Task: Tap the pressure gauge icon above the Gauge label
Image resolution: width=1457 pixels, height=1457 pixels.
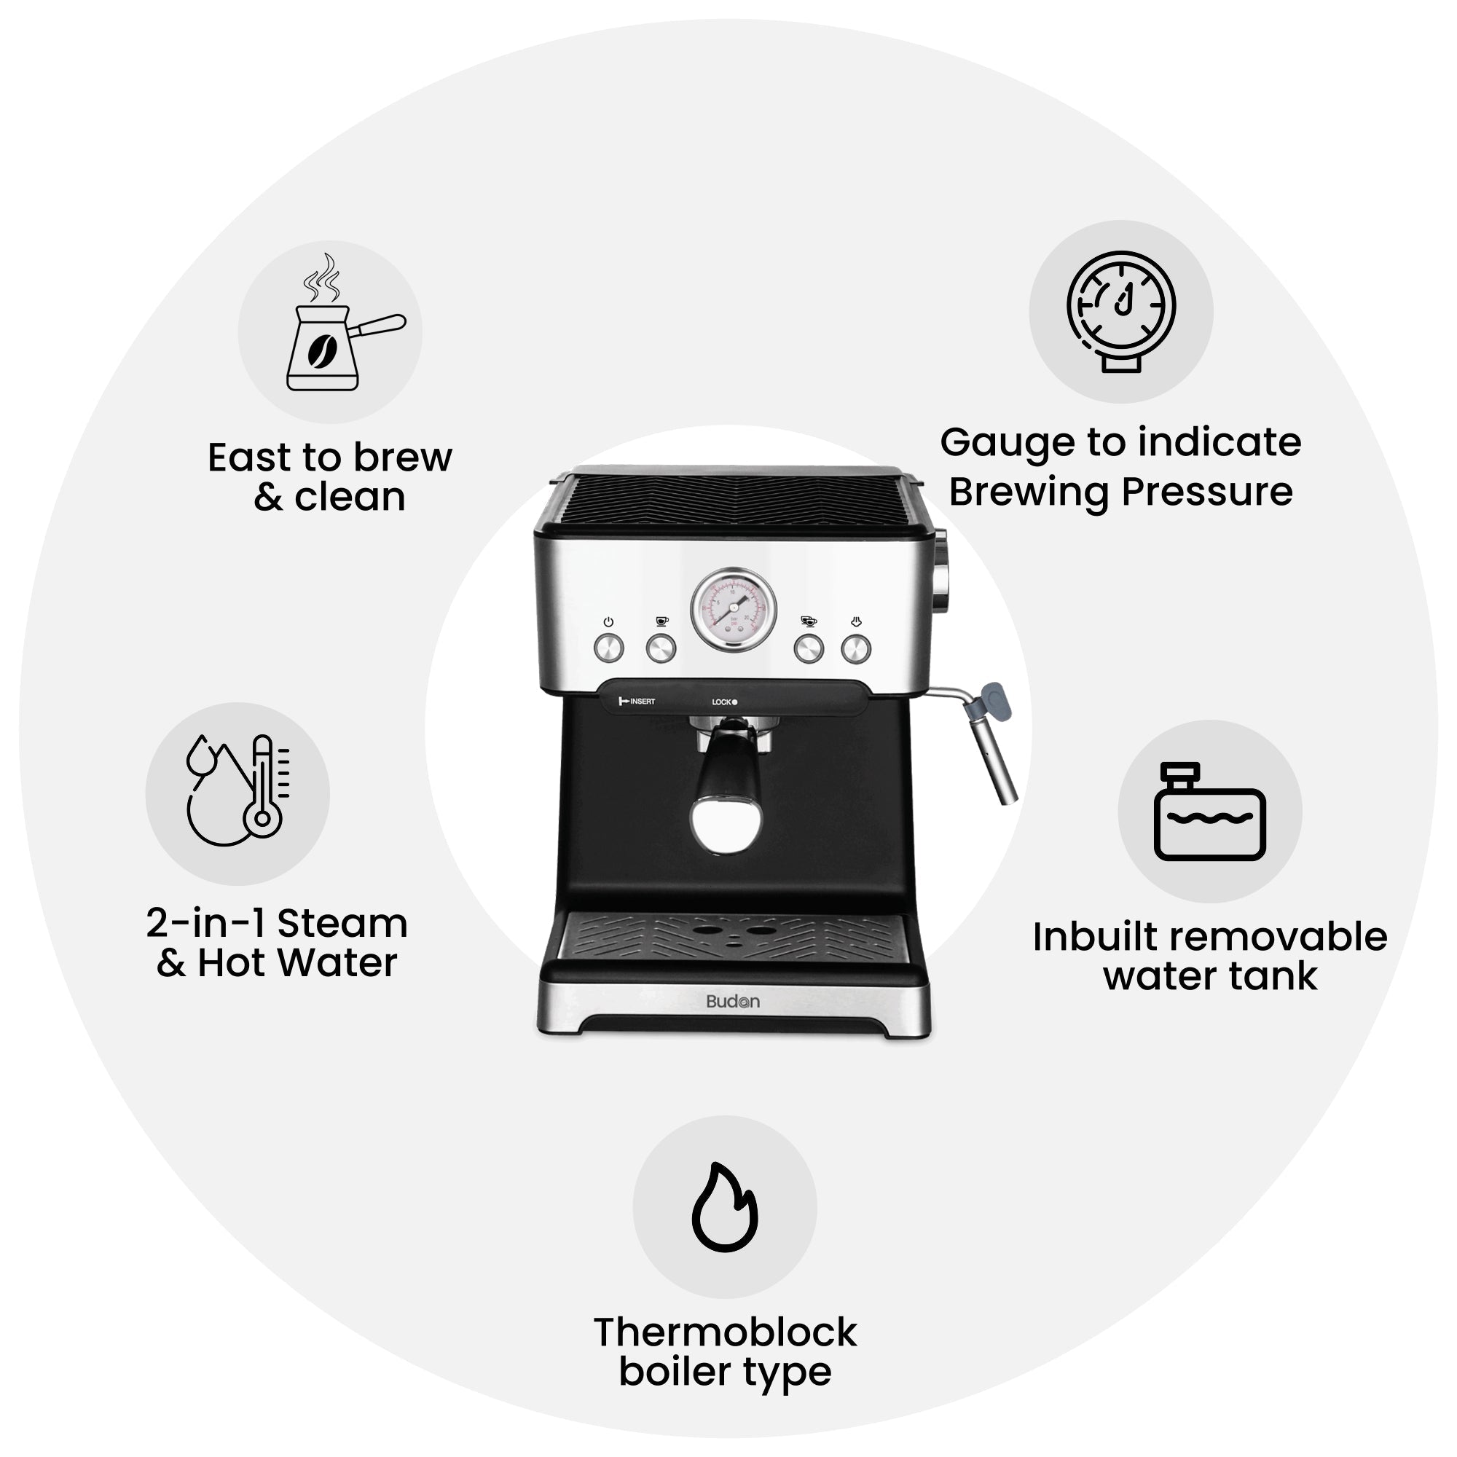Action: pyautogui.click(x=1120, y=311)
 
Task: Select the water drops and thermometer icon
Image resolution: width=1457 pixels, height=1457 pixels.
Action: pyautogui.click(x=237, y=792)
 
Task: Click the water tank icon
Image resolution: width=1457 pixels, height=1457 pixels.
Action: pyautogui.click(x=1209, y=812)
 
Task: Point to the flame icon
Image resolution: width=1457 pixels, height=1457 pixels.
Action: pyautogui.click(x=724, y=1206)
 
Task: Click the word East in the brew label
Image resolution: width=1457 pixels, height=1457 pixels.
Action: pyautogui.click(x=248, y=457)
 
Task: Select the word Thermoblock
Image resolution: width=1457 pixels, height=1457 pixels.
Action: pyautogui.click(x=725, y=1332)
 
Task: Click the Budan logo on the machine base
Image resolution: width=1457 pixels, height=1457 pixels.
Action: pyautogui.click(x=732, y=1002)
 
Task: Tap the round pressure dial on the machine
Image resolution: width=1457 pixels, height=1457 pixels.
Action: pyautogui.click(x=733, y=609)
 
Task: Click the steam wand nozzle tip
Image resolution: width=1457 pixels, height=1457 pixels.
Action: pyautogui.click(x=1007, y=792)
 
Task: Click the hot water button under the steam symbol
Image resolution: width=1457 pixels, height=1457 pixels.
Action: pyautogui.click(x=856, y=648)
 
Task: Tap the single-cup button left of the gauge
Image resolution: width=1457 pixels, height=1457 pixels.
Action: pyautogui.click(x=661, y=648)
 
